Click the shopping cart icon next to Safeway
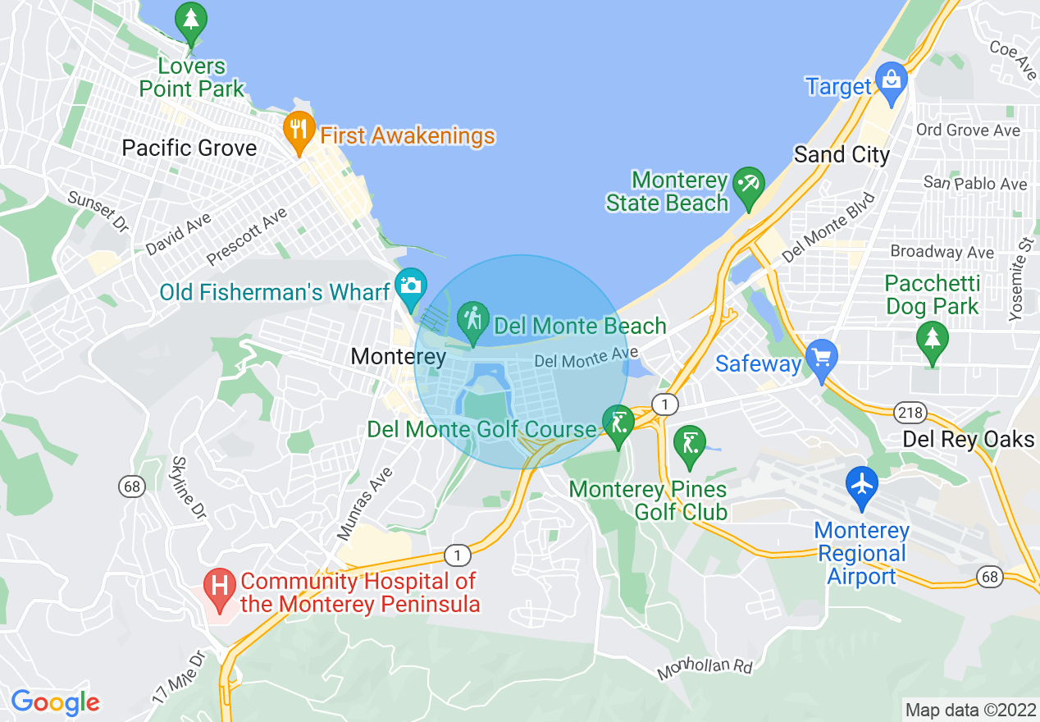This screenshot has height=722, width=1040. point(822,359)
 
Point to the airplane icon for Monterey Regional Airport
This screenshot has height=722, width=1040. point(861,483)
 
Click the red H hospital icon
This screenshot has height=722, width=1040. point(220,587)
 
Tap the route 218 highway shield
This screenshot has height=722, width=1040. point(910,412)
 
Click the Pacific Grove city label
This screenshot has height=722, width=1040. point(189,149)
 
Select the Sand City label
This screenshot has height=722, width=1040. point(842,154)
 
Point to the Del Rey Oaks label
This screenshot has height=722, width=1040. point(968,440)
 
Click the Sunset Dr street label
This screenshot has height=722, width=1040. point(98,212)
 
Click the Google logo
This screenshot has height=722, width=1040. point(55,702)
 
